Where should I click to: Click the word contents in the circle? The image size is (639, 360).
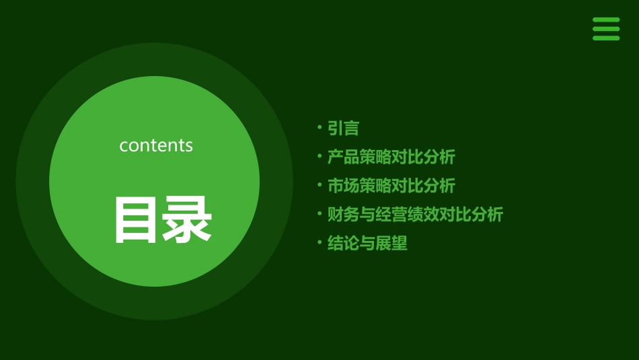tap(156, 145)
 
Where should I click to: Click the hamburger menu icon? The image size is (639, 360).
tap(605, 29)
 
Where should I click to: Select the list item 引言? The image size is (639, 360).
tap(343, 128)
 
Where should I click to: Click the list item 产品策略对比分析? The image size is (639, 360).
tap(391, 157)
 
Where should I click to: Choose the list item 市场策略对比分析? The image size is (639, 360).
tap(391, 185)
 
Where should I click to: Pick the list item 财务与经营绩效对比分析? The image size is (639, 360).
tap(415, 215)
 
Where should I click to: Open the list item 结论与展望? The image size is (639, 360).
tap(367, 243)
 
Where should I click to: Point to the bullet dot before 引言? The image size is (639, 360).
tap(319, 127)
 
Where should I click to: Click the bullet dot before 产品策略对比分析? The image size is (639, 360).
tap(319, 156)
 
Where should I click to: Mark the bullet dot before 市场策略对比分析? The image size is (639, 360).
tap(319, 184)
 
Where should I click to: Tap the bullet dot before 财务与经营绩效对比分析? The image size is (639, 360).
tap(319, 214)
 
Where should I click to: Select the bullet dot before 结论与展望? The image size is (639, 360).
tap(319, 242)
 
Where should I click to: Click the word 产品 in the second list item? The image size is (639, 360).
tap(343, 157)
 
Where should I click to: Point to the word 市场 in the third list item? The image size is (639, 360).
tap(343, 185)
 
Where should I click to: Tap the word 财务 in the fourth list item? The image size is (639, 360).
tap(343, 215)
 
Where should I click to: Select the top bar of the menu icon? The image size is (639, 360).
tap(605, 20)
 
